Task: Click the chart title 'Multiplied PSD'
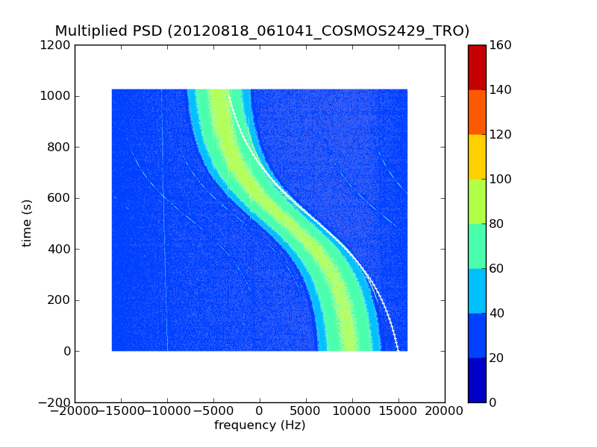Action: [x=109, y=31]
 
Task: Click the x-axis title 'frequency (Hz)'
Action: [x=260, y=425]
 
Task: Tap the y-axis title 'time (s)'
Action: [x=28, y=223]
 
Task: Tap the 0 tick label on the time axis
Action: [x=66, y=351]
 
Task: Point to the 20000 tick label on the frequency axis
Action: [x=445, y=412]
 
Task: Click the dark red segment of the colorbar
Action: [x=477, y=67]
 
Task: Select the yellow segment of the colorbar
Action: [x=477, y=156]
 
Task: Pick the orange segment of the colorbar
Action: [x=477, y=112]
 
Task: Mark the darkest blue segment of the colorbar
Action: [x=477, y=380]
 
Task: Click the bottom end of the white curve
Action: [x=398, y=349]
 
